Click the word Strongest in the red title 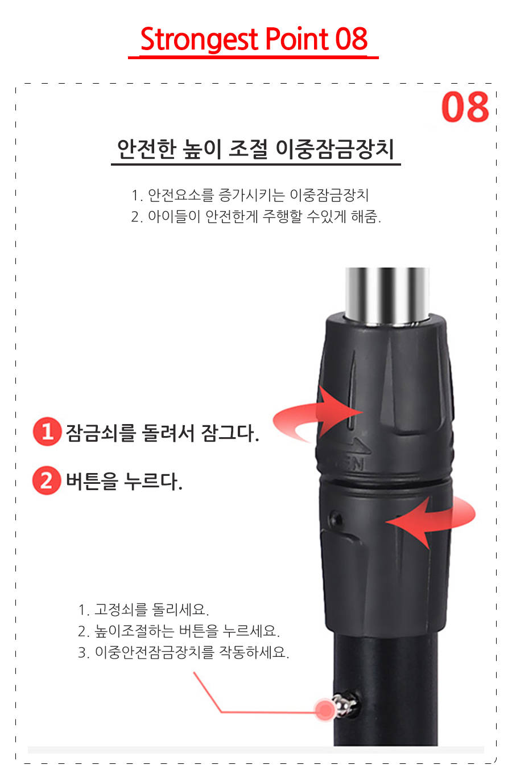pyautogui.click(x=199, y=40)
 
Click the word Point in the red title pyautogui.click(x=297, y=39)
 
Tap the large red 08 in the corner pyautogui.click(x=465, y=107)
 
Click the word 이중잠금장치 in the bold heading pyautogui.click(x=335, y=149)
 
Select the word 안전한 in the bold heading pyautogui.click(x=147, y=149)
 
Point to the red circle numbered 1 pyautogui.click(x=47, y=431)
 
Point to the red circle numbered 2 pyautogui.click(x=47, y=480)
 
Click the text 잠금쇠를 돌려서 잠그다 pyautogui.click(x=162, y=433)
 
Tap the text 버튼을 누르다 pyautogui.click(x=124, y=482)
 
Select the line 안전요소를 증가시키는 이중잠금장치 pyautogui.click(x=250, y=195)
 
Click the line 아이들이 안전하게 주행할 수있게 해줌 pyautogui.click(x=256, y=217)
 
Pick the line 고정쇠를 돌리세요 pyautogui.click(x=144, y=610)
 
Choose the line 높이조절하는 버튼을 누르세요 pyautogui.click(x=179, y=631)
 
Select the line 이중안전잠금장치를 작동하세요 pyautogui.click(x=183, y=652)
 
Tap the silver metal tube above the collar pyautogui.click(x=387, y=295)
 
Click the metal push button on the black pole pyautogui.click(x=345, y=705)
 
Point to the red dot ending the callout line pyautogui.click(x=325, y=709)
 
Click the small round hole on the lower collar pyautogui.click(x=336, y=519)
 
